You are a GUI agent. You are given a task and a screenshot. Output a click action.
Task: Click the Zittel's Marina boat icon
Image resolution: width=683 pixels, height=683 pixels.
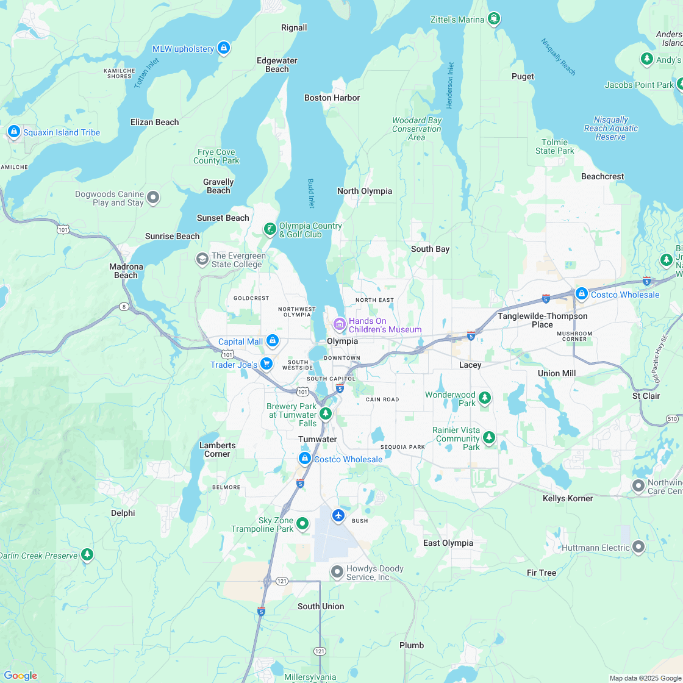point(494,19)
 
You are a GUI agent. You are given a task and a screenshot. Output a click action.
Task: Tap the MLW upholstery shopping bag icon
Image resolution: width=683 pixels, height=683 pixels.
point(224,48)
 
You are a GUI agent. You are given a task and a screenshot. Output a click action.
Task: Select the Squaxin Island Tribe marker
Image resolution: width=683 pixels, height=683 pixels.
point(13,131)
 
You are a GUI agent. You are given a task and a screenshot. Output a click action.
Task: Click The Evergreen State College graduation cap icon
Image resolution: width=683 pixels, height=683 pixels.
point(202,259)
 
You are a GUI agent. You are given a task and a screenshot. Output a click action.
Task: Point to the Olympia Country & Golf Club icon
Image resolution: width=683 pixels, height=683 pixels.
point(270,229)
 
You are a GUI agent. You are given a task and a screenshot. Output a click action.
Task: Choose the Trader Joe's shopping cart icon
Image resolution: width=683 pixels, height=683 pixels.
point(266,363)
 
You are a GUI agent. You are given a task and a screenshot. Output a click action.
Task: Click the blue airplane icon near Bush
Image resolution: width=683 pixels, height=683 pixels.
point(338,516)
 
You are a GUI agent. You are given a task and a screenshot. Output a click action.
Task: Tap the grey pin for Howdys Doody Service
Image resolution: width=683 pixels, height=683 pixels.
point(337,571)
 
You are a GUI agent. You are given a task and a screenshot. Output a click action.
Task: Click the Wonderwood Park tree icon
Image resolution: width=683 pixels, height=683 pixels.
point(485,398)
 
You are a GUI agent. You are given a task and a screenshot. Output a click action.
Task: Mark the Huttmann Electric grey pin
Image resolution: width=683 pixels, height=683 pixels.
point(638,546)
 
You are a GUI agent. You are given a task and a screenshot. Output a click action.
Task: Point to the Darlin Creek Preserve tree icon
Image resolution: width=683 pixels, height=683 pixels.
point(87,554)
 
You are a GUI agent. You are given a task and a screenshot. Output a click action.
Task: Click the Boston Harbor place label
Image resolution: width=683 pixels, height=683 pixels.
point(332,98)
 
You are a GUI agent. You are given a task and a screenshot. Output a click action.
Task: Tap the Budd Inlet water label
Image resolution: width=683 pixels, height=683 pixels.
point(311,193)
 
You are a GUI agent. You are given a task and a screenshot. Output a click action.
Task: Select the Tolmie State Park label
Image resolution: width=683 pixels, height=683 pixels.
point(554,146)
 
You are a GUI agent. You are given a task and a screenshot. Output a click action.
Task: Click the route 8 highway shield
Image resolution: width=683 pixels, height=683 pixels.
point(124,307)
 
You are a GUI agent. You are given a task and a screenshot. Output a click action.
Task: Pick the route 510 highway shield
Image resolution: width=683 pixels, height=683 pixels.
point(672,418)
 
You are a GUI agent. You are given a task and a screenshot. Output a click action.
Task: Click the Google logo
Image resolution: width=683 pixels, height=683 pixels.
point(20,675)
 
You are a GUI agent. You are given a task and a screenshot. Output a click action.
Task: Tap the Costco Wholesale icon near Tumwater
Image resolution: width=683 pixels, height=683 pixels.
point(304,458)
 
